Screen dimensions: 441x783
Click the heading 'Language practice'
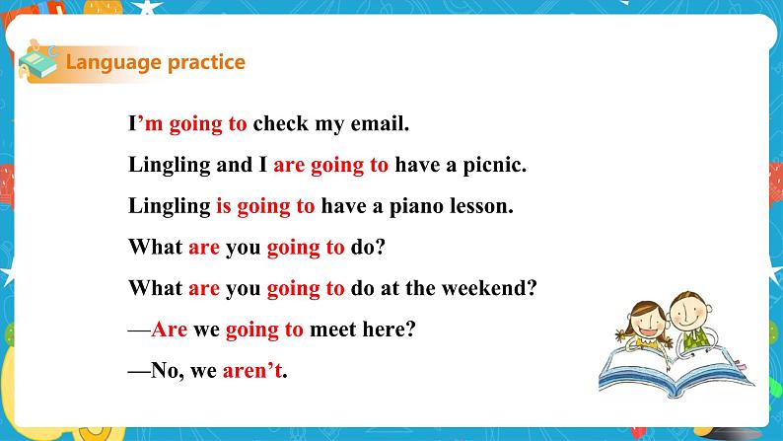coord(155,63)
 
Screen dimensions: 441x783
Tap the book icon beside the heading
coord(38,62)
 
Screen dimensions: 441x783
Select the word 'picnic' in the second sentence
coord(492,166)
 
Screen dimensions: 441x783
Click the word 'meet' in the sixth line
coord(330,330)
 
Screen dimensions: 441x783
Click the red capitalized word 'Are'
coord(170,330)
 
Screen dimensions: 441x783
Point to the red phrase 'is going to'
coord(265,206)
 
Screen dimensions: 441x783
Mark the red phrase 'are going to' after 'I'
coord(330,166)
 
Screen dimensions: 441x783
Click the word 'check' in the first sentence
coord(279,124)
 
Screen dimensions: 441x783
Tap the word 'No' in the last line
coord(163,371)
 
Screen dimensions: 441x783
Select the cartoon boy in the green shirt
coord(691,316)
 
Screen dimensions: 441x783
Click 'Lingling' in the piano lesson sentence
coord(169,206)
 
